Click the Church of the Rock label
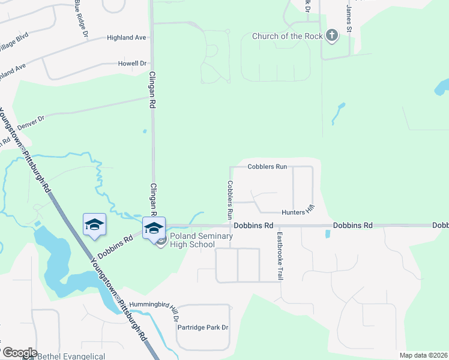(x=286, y=36)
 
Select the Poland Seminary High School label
(x=200, y=240)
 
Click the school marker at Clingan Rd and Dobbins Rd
(x=154, y=227)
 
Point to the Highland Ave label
(x=127, y=37)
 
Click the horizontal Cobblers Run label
(x=268, y=166)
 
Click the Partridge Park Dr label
(x=203, y=328)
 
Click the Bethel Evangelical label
(x=68, y=356)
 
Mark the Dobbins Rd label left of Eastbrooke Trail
(x=253, y=226)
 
